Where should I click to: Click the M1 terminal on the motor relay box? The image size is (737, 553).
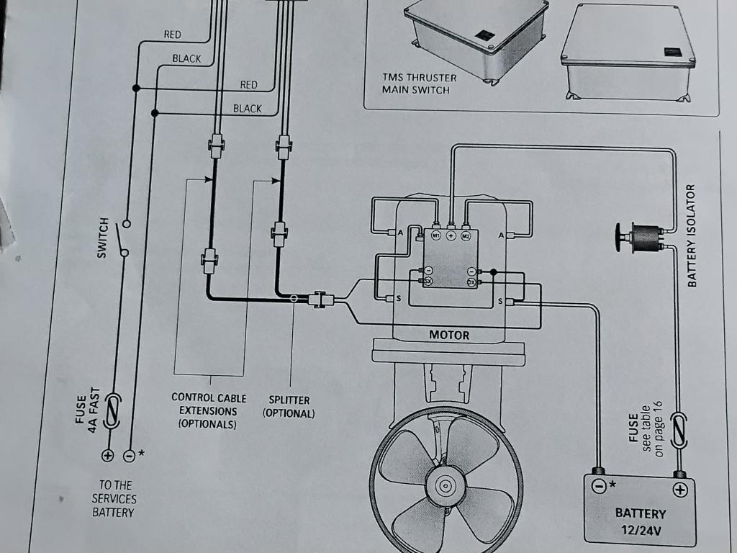click(x=435, y=235)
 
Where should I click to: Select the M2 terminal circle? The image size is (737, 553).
click(x=466, y=235)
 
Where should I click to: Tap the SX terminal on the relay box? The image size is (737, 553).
click(x=428, y=282)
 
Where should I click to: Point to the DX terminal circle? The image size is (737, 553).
click(x=471, y=282)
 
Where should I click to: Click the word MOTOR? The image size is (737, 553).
click(x=449, y=336)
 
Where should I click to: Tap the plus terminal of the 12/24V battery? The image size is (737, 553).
click(x=679, y=490)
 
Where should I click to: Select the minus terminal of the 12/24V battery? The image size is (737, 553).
click(x=598, y=486)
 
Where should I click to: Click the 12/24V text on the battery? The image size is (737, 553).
click(x=641, y=531)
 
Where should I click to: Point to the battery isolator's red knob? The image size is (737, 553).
click(x=620, y=236)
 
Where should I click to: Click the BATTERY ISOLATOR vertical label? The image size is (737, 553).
click(x=690, y=235)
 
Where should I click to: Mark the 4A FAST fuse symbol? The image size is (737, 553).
click(x=112, y=411)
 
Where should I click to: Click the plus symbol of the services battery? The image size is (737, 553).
click(x=108, y=455)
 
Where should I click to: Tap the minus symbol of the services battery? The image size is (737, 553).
click(x=129, y=456)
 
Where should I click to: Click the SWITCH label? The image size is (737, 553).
click(x=102, y=238)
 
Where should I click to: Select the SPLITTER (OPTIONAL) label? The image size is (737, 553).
click(x=289, y=407)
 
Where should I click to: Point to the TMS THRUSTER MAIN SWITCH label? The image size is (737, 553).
click(x=419, y=84)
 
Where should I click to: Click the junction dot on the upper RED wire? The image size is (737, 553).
click(x=136, y=88)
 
